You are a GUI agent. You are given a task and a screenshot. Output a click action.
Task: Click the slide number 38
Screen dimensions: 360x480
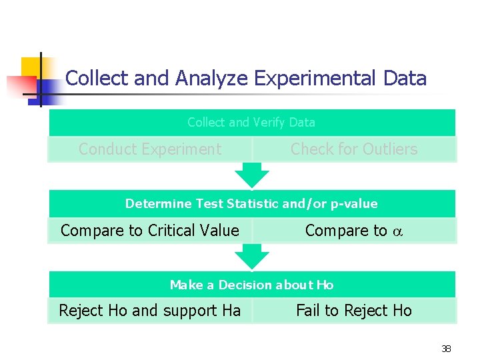(x=446, y=348)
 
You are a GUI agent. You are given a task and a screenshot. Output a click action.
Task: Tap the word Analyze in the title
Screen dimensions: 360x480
(x=211, y=79)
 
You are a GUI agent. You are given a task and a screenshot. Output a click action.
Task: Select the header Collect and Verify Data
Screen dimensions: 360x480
(x=251, y=123)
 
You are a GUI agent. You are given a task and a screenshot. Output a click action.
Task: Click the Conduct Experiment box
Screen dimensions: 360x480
(x=150, y=149)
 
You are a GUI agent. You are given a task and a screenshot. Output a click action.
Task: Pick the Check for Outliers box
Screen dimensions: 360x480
(x=354, y=149)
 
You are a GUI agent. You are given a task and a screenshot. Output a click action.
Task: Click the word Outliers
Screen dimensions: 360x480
(x=388, y=149)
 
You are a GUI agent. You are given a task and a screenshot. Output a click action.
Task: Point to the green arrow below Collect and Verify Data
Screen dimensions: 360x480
(x=251, y=175)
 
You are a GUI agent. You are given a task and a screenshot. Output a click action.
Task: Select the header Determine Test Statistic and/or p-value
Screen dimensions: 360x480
(x=251, y=204)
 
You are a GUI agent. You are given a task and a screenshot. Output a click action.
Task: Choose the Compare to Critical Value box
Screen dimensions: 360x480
(x=150, y=231)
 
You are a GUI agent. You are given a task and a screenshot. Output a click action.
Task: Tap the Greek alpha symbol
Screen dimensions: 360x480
(x=397, y=231)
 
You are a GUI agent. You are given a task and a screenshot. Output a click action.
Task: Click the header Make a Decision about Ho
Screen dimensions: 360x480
(x=251, y=285)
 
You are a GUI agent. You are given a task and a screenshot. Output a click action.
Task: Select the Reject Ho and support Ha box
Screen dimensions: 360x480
(x=150, y=311)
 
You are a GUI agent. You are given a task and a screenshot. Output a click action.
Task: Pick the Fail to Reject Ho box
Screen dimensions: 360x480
(x=354, y=311)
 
